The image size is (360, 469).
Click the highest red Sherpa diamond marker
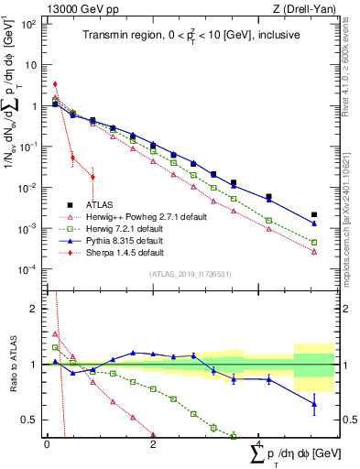click(56, 84)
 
